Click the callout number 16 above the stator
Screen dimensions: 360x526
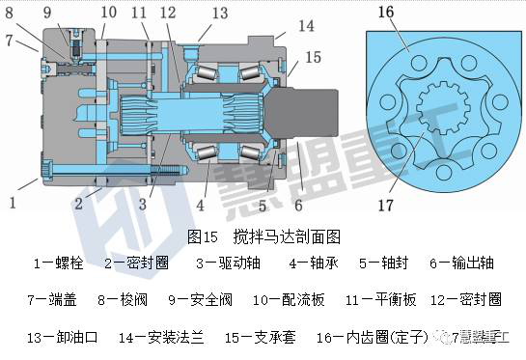(387, 13)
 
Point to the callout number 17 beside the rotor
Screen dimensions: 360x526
(387, 204)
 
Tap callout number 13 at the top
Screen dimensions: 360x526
(220, 13)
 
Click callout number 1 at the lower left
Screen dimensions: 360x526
(13, 204)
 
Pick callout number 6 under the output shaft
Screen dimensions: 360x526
(298, 204)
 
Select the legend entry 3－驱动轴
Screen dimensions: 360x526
(226, 261)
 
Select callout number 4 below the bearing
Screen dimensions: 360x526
(200, 204)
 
